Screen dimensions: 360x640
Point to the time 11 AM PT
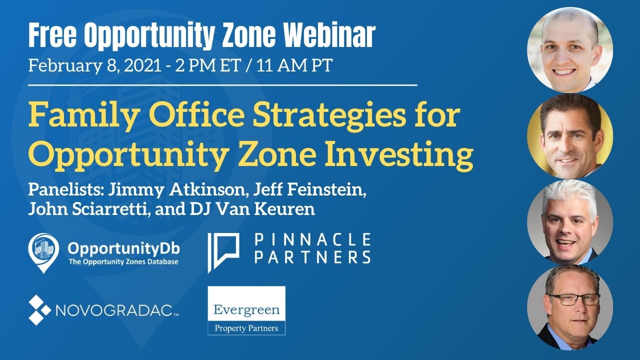click(294, 66)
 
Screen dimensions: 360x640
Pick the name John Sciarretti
click(88, 208)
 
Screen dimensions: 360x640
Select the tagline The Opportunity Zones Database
click(123, 261)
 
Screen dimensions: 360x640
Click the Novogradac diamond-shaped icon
click(39, 310)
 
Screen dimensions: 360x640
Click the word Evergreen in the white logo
click(246, 310)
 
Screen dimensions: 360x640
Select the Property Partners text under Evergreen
click(246, 328)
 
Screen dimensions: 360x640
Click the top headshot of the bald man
click(570, 50)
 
